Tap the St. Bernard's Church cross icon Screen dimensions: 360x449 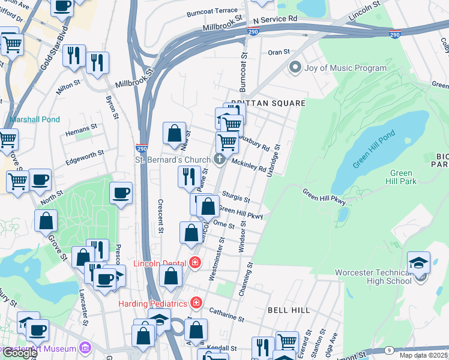click(220, 159)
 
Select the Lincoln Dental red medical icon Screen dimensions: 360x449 click(194, 262)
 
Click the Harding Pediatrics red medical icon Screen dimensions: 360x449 click(194, 302)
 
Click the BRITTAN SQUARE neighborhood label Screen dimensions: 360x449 click(268, 103)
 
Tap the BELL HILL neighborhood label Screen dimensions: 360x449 click(289, 310)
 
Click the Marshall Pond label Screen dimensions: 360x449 click(35, 119)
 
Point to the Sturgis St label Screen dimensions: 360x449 click(235, 196)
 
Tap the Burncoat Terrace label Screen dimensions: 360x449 click(212, 11)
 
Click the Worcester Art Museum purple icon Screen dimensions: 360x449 click(85, 348)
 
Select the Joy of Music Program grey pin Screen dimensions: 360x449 click(294, 68)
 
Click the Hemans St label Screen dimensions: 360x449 click(81, 128)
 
